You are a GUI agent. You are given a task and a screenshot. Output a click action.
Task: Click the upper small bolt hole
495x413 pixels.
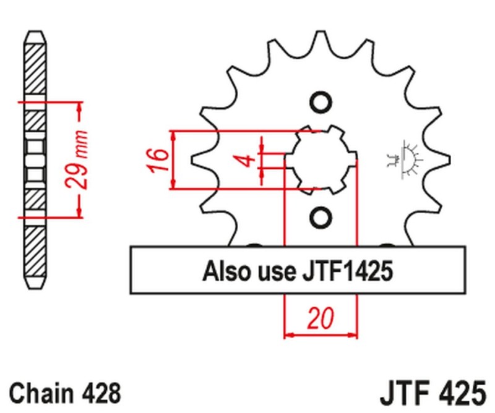(320, 103)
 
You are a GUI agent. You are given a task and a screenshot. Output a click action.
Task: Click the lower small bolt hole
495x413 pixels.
(320, 218)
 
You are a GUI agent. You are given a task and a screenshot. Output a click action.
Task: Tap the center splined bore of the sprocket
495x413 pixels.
(321, 160)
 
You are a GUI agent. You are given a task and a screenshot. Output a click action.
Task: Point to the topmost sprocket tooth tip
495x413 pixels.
(321, 33)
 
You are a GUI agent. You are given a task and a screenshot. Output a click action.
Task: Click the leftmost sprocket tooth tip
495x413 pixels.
(193, 160)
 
